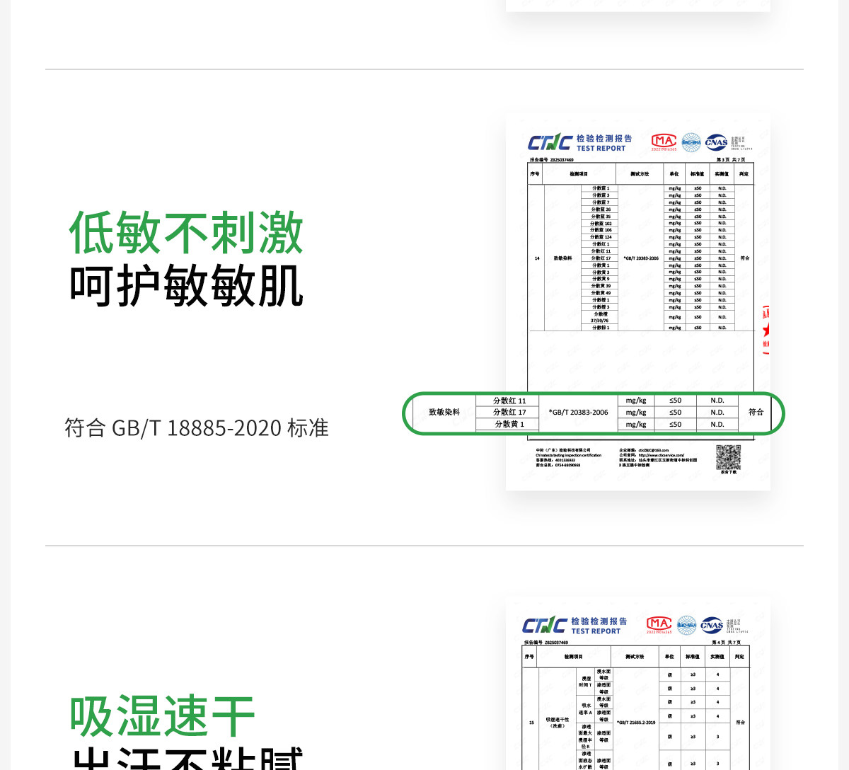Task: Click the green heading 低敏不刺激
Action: [186, 233]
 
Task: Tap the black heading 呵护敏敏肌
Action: [186, 286]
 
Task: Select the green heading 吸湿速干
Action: [162, 716]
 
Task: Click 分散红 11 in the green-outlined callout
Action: [509, 401]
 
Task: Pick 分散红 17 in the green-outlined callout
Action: [509, 412]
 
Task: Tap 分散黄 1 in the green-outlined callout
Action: [509, 424]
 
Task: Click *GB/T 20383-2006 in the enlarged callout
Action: [578, 412]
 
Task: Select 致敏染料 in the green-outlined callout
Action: [444, 412]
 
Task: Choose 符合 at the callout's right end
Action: [756, 412]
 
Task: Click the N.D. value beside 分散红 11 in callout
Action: [717, 401]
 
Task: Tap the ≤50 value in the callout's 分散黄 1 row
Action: [676, 425]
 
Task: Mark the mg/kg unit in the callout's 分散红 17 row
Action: [636, 412]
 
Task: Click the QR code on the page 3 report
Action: [728, 457]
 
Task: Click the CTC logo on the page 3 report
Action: [550, 143]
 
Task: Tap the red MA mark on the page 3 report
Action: [664, 142]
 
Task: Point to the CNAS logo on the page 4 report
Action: [712, 625]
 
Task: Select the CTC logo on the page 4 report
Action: [544, 626]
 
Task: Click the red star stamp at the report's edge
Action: [766, 330]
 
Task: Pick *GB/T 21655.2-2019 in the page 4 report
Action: [636, 723]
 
